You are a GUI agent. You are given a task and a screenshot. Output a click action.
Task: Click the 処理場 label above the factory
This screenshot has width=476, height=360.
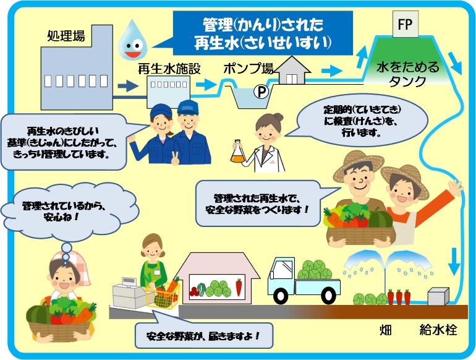[66, 35]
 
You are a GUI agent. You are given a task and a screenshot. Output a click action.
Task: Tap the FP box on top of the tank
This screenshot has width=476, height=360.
[406, 25]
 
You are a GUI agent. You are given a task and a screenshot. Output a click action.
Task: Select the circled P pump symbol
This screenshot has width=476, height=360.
[262, 92]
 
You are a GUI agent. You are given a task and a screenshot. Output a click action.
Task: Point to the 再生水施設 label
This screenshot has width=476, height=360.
[169, 69]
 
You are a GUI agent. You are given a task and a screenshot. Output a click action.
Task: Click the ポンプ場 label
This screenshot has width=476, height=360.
[249, 68]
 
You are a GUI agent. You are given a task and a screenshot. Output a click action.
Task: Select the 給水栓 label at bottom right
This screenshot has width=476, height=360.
[438, 328]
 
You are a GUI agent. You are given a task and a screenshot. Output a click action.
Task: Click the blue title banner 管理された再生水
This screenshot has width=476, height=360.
[263, 33]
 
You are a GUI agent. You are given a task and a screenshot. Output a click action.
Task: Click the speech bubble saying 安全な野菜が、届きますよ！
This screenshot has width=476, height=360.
[202, 337]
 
